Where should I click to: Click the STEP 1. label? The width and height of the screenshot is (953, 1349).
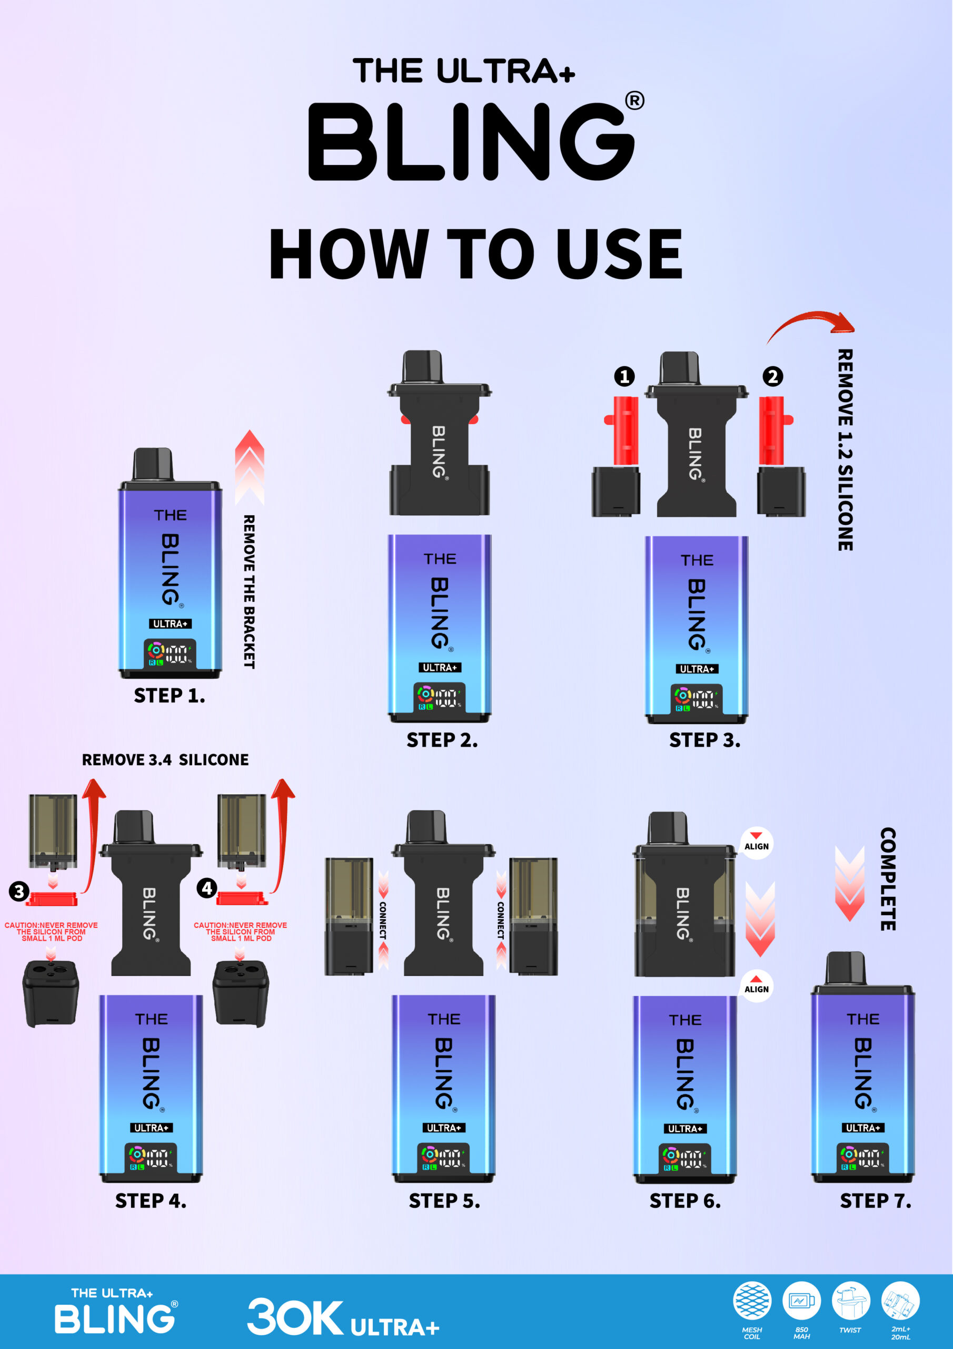point(169,696)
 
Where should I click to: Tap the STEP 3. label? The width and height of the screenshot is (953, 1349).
point(704,740)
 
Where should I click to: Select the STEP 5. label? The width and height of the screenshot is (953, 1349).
point(444,1201)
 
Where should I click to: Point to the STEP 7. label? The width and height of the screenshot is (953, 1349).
point(876,1201)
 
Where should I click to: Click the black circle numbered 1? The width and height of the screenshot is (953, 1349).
point(624,376)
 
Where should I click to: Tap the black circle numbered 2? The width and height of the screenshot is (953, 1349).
point(773,376)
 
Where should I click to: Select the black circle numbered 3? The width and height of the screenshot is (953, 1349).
point(19,891)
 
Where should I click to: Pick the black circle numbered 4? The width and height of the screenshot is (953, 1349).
point(207,888)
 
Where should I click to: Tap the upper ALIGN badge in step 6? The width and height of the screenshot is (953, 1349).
point(756,844)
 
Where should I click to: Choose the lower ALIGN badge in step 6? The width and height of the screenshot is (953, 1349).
point(756,986)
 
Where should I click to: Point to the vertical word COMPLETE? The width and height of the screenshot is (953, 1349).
point(887,879)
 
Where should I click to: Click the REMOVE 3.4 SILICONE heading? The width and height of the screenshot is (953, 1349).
point(165,760)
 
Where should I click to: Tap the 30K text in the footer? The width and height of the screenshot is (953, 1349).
point(295,1317)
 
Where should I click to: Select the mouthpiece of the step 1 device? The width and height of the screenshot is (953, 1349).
point(153,464)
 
